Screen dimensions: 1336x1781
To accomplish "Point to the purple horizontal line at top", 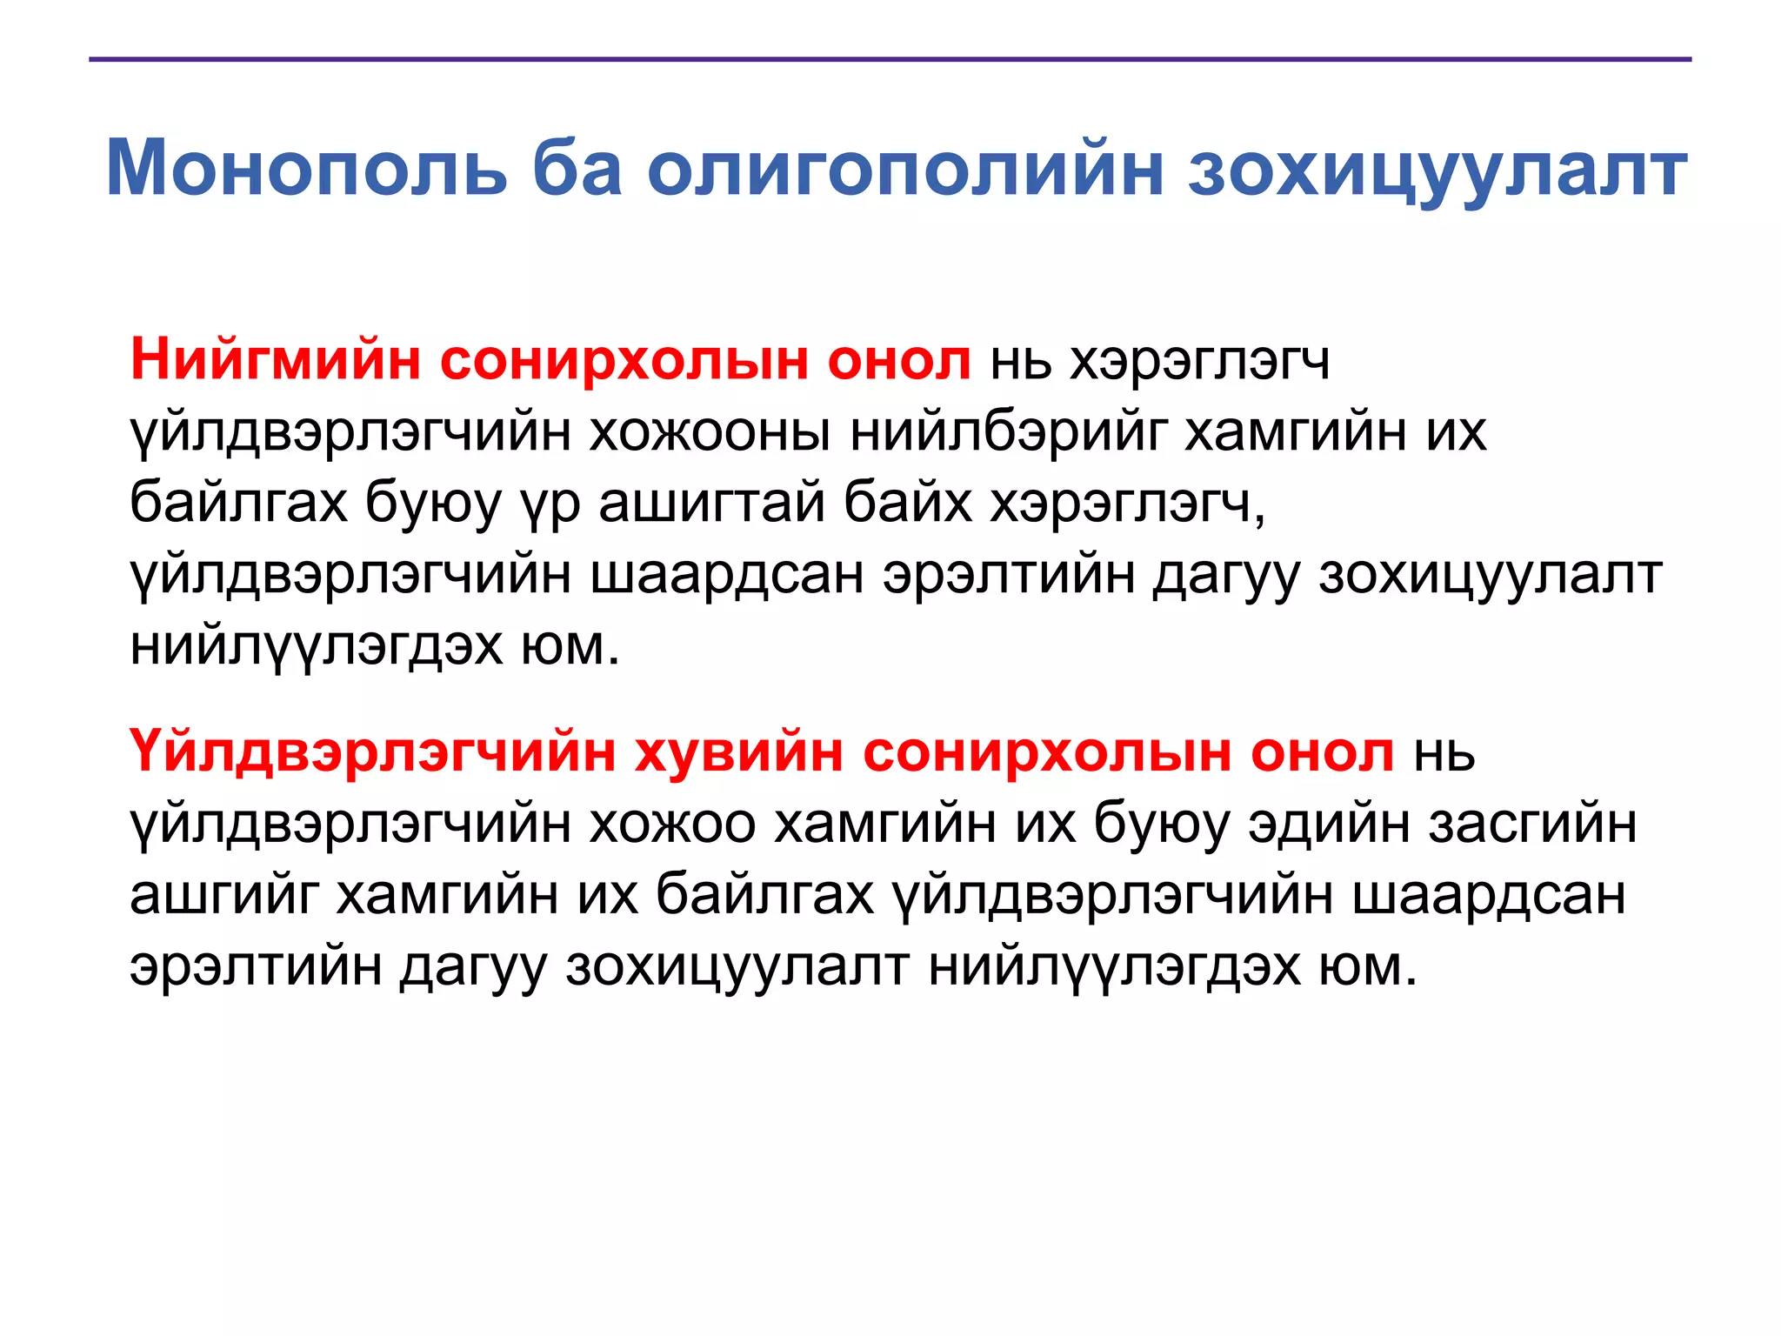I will click(x=890, y=59).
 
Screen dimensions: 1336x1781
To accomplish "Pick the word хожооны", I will click(x=710, y=431).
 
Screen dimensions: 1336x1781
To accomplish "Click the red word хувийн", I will click(x=739, y=751).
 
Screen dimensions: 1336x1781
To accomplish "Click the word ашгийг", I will click(x=223, y=894).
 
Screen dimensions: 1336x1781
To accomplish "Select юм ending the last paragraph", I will click(x=1366, y=965).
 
